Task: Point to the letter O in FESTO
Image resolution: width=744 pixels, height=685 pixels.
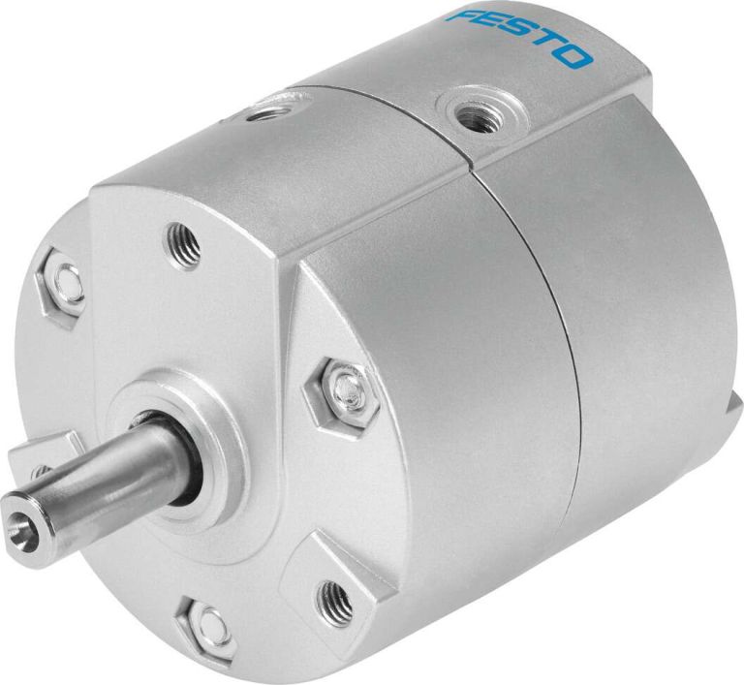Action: pos(574,56)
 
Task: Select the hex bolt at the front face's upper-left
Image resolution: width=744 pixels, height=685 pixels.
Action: pos(64,281)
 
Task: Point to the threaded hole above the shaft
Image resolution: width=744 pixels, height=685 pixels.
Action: pos(184,242)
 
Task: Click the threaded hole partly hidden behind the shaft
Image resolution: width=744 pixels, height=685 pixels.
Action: pos(39,472)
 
